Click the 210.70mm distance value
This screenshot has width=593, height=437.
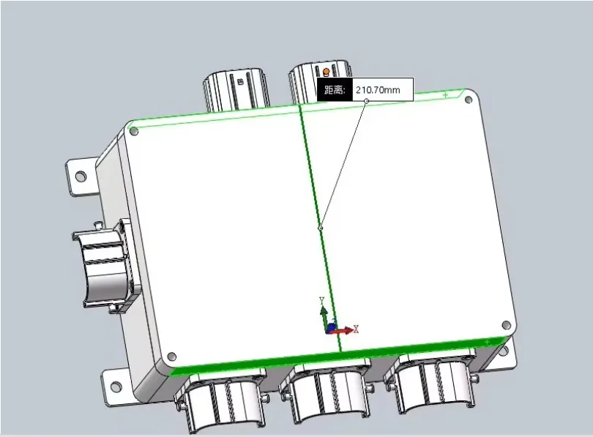tap(377, 91)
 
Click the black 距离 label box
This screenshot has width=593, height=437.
tap(334, 91)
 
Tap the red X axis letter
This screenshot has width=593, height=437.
tap(356, 329)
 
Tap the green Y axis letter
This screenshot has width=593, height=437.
tap(321, 300)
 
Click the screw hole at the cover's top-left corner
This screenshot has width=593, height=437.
tap(134, 131)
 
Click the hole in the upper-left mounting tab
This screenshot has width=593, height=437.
tap(81, 176)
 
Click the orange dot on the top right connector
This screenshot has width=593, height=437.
tap(326, 72)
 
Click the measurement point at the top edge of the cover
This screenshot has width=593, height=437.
tap(366, 101)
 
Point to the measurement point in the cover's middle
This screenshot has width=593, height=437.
tap(320, 228)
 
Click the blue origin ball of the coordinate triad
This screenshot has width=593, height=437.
tap(331, 328)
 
